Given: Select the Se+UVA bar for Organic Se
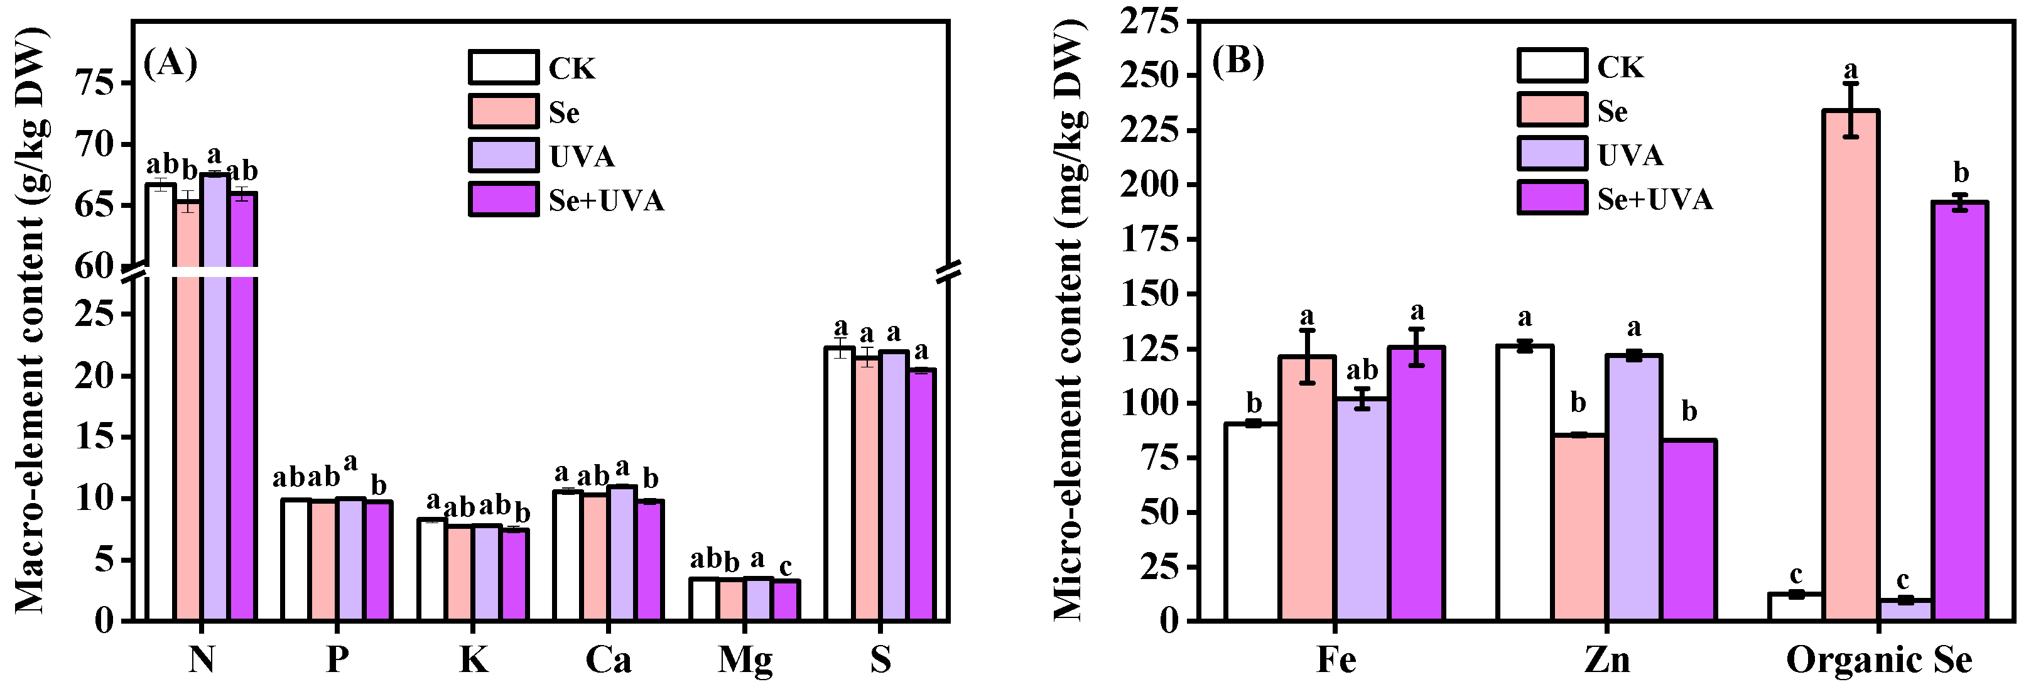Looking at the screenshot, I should tap(1959, 411).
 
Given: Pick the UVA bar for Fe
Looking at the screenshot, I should tap(1362, 509).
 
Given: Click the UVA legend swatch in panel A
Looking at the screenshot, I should tap(504, 155).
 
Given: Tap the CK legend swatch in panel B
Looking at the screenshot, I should tap(1552, 66).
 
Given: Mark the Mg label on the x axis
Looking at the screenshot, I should tap(745, 660).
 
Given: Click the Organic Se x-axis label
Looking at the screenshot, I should tap(1879, 660).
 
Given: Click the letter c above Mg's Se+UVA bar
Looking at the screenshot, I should tap(785, 567).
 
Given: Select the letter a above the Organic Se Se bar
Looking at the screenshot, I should tap(1851, 68).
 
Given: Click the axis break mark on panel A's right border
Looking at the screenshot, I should tap(948, 272).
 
